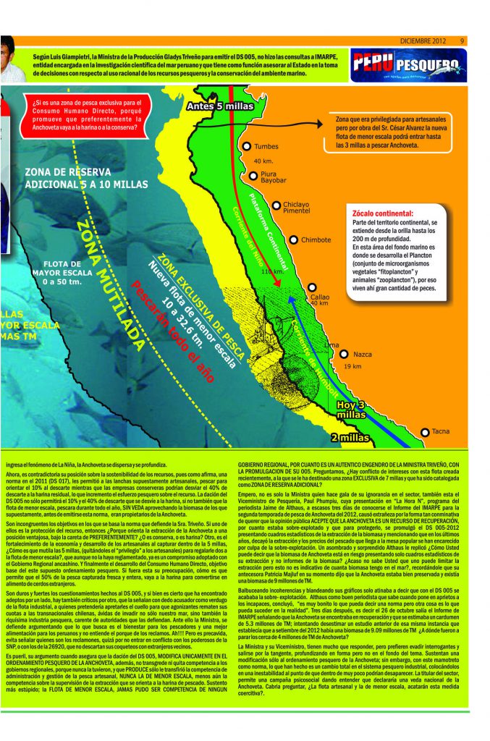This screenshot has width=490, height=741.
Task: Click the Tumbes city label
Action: click(x=266, y=147)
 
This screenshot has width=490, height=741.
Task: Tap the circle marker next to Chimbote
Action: click(x=295, y=240)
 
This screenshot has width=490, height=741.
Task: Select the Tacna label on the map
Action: click(x=440, y=431)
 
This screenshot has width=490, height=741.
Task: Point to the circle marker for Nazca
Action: click(x=345, y=355)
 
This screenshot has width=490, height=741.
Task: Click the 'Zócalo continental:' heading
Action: click(x=382, y=214)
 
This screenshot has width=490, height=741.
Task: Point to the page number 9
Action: click(x=462, y=41)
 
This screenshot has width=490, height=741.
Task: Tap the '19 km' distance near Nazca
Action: click(x=352, y=367)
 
